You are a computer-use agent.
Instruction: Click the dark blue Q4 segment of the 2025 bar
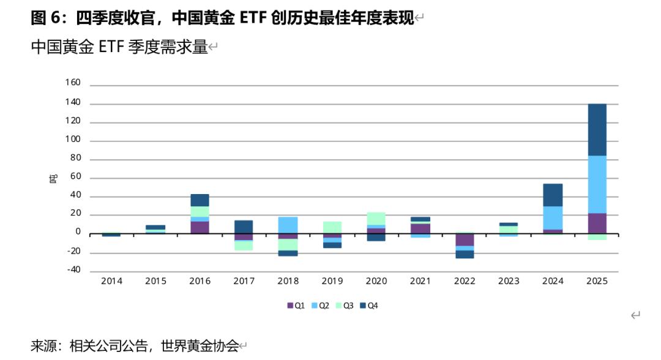pos(597,130)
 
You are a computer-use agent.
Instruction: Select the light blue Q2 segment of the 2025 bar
pos(597,184)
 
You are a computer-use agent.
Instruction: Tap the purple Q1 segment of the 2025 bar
pos(597,223)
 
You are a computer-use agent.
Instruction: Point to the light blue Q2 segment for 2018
pos(288,225)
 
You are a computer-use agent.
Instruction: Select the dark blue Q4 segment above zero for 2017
pos(244,227)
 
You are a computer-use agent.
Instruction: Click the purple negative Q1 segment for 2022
pos(465,239)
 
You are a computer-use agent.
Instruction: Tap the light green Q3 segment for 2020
pos(376,219)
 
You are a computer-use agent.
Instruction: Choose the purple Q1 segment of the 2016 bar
pos(200,227)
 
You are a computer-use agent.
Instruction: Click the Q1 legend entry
pos(296,305)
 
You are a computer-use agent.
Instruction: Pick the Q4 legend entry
pos(369,305)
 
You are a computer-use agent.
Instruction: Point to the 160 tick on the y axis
pos(73,83)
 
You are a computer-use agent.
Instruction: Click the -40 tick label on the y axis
pos(73,270)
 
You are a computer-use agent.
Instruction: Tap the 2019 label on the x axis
pos(332,281)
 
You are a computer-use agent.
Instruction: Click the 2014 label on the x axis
pos(111,281)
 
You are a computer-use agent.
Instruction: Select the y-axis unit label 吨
pos(54,178)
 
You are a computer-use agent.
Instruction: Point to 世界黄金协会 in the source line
pos(200,346)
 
